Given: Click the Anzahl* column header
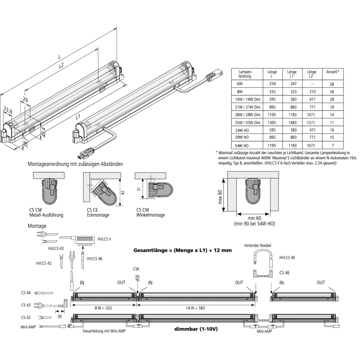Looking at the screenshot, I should coord(332,72).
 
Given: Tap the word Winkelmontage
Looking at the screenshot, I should coord(150,215).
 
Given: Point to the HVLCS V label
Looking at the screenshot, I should coord(104,239).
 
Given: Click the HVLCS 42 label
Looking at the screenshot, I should coord(44,263).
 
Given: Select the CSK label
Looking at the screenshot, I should coord(136,269).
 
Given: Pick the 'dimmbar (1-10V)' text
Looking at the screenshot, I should coord(196,329).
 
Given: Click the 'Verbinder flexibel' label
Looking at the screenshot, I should coord(257,246).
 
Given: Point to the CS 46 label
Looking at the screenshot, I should coord(284,273).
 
